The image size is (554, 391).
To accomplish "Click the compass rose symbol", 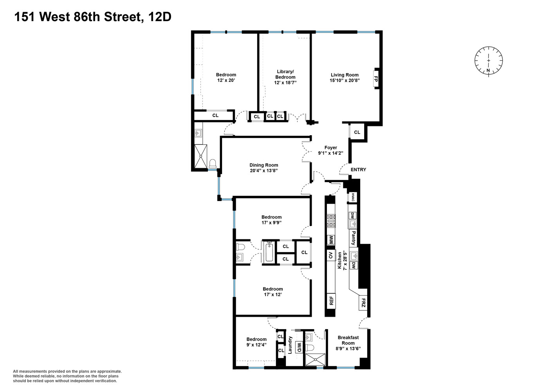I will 488,61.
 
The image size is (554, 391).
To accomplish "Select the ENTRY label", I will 358,170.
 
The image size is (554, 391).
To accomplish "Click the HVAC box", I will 353,197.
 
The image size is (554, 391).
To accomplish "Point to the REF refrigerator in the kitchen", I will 331,301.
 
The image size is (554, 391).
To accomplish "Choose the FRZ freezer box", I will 363,303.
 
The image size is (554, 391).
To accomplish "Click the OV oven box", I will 331,256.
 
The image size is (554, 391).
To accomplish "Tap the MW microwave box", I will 331,239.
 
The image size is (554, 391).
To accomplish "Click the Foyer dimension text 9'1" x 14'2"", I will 330,153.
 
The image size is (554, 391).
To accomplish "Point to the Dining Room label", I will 263,165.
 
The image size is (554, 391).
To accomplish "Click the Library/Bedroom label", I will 285,74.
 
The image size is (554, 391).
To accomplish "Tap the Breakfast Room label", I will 348,340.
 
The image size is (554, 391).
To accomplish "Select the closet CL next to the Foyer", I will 357,132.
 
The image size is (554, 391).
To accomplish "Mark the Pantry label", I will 353,238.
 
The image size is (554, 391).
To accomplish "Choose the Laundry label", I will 290,345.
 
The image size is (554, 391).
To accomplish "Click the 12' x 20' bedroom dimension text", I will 226,80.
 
